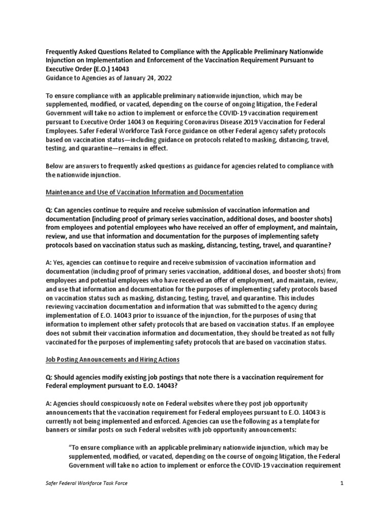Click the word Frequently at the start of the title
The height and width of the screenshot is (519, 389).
[x=60, y=52]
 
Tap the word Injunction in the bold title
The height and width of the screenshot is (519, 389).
[x=60, y=60]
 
